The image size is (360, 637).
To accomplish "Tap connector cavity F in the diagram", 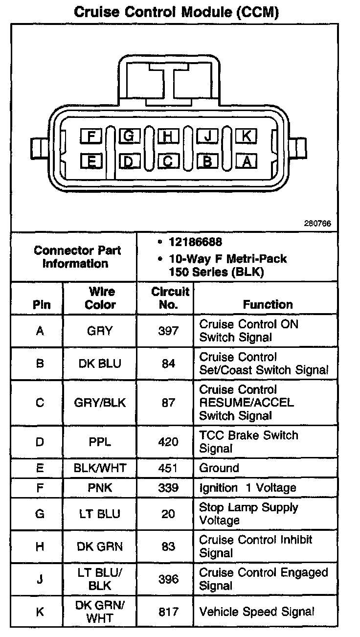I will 91,136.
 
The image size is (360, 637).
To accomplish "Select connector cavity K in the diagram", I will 247,136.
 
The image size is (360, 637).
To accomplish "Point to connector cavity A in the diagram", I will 247,160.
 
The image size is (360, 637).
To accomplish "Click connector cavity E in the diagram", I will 91,160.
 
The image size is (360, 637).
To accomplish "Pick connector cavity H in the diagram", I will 168,136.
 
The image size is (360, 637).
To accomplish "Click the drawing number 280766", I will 317,224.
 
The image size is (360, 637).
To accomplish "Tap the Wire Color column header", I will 100,298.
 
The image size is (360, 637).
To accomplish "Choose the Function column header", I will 268,304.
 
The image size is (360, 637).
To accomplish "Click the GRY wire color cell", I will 100,331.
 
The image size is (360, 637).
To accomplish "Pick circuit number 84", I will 168,364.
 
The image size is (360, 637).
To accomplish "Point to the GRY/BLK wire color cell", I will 100,403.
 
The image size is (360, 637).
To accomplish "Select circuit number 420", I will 168,442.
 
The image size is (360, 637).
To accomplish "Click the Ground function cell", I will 219,468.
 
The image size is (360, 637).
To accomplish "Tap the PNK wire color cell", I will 100,488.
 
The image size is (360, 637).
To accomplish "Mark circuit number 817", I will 168,612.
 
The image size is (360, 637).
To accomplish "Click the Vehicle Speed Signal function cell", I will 256,612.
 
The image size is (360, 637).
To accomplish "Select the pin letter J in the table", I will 40,579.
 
